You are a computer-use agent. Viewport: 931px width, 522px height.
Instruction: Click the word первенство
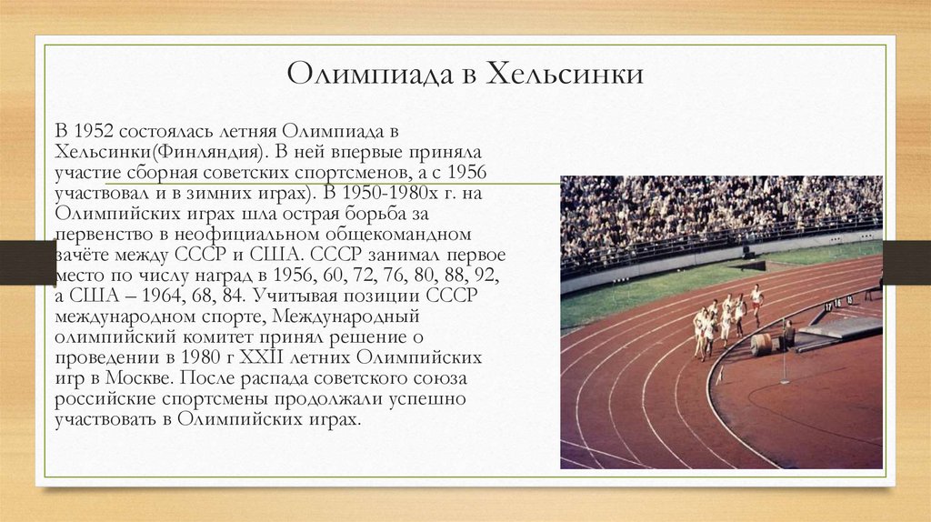(102, 234)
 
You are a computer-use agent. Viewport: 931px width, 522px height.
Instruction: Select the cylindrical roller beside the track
(761, 344)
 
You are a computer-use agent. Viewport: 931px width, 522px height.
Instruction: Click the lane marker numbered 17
(826, 306)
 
